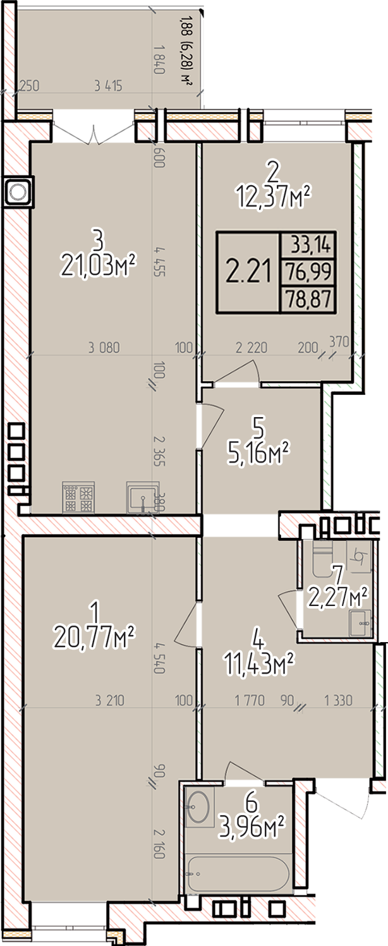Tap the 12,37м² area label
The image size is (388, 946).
[274, 197]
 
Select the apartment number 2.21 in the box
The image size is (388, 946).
[248, 272]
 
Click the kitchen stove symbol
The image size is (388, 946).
[78, 497]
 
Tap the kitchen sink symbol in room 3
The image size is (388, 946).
[143, 497]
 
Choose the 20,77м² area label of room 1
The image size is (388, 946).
[94, 636]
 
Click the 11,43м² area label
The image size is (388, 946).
[259, 665]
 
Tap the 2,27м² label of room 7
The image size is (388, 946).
[337, 597]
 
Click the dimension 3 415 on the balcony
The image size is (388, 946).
[109, 87]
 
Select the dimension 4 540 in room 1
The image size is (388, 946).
[159, 658]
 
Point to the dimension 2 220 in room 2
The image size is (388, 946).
[252, 348]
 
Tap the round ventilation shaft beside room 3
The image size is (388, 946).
[17, 191]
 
